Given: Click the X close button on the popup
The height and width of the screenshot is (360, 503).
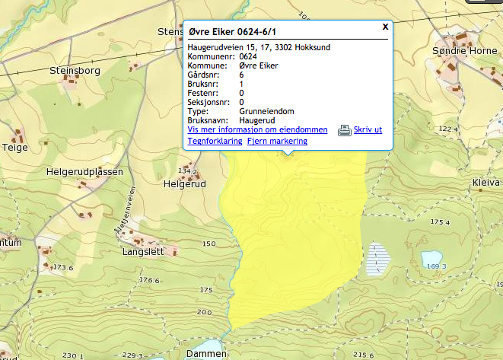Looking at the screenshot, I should click(x=385, y=26).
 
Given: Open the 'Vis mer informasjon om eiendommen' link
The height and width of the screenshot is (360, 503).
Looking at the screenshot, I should click(x=257, y=130).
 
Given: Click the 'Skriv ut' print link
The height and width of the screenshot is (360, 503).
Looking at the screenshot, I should click(x=368, y=130).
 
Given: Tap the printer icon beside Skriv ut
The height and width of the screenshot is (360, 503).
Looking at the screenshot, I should click(x=344, y=130).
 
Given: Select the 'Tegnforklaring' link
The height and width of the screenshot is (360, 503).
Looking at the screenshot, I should click(x=214, y=141).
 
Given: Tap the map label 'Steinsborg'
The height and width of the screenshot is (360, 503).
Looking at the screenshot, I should click(x=75, y=70).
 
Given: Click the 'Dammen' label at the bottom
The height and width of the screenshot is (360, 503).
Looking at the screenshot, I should click(x=206, y=354).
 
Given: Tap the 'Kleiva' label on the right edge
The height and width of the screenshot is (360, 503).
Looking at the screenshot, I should click(x=485, y=183).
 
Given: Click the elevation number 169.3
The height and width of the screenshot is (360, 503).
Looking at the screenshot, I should click(x=437, y=267).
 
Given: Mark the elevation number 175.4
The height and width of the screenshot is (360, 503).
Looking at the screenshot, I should click(x=441, y=221).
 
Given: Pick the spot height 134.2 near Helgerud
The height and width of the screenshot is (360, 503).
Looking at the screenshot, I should click(x=187, y=172).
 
